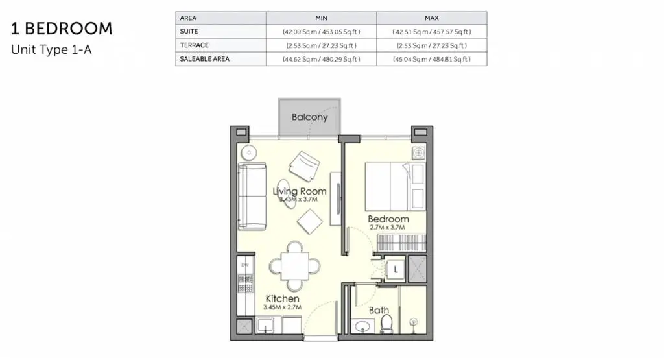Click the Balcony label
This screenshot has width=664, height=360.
(x=309, y=117)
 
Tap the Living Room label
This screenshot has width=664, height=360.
(x=300, y=191)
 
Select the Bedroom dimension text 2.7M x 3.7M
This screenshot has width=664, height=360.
(x=387, y=228)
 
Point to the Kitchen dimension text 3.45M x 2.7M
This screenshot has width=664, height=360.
(x=283, y=307)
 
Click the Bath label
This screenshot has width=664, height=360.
(x=379, y=310)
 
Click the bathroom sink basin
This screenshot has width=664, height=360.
(x=362, y=327)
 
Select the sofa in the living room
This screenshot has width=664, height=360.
(x=252, y=196)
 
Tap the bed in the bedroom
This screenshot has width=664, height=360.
(x=395, y=186)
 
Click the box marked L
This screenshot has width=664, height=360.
(x=396, y=269)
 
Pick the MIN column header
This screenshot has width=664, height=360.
(x=322, y=18)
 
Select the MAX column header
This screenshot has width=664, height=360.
(x=432, y=18)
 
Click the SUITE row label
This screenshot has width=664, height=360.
(x=189, y=31)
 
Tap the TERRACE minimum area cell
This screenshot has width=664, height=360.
(x=322, y=45)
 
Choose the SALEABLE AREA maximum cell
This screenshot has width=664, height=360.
(x=432, y=59)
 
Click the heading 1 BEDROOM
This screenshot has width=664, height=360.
(x=62, y=29)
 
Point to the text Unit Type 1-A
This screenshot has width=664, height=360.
(x=51, y=49)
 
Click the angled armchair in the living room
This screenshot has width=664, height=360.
(x=305, y=167)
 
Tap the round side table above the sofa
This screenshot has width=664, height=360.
(x=248, y=152)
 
